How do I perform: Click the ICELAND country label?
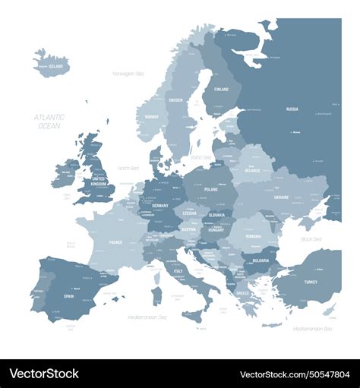(x=55, y=67)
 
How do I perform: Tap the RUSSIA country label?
(x=292, y=109)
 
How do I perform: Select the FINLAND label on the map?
(x=221, y=90)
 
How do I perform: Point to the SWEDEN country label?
(x=175, y=99)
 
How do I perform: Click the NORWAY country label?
(x=152, y=117)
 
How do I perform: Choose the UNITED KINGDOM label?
(x=99, y=181)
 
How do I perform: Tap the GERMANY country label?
(x=159, y=206)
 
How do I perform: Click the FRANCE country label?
(x=115, y=242)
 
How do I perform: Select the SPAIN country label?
(x=68, y=296)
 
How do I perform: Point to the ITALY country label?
(x=179, y=271)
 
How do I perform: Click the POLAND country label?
(x=210, y=190)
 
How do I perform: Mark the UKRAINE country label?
(x=281, y=197)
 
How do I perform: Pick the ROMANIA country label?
(x=253, y=237)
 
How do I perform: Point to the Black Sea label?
(x=312, y=239)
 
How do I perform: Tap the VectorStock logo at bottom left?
(x=44, y=374)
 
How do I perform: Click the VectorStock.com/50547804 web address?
(x=295, y=374)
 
